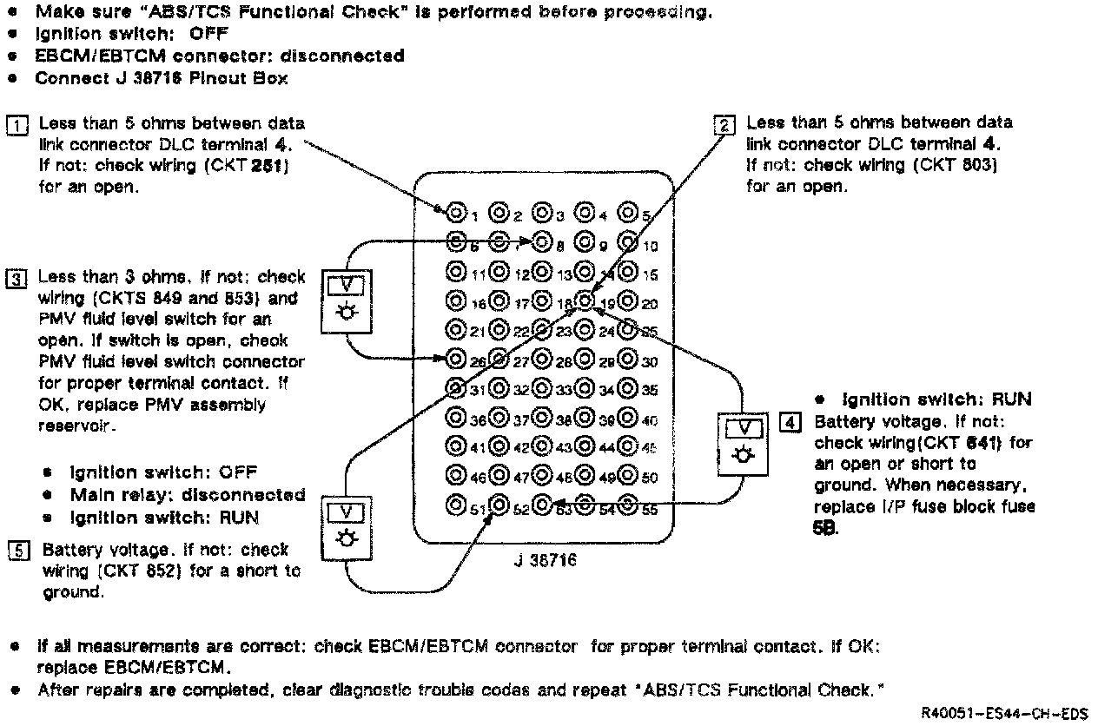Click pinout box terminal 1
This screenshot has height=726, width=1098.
456,211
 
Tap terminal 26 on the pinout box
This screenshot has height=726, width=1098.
455,358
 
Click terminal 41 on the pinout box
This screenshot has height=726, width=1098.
455,446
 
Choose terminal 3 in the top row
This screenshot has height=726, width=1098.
542,211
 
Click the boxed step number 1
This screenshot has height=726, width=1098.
17,125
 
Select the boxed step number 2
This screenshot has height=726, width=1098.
723,125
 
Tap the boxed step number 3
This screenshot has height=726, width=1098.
17,279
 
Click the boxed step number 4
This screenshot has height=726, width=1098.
790,423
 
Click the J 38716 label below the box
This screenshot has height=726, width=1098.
545,561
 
